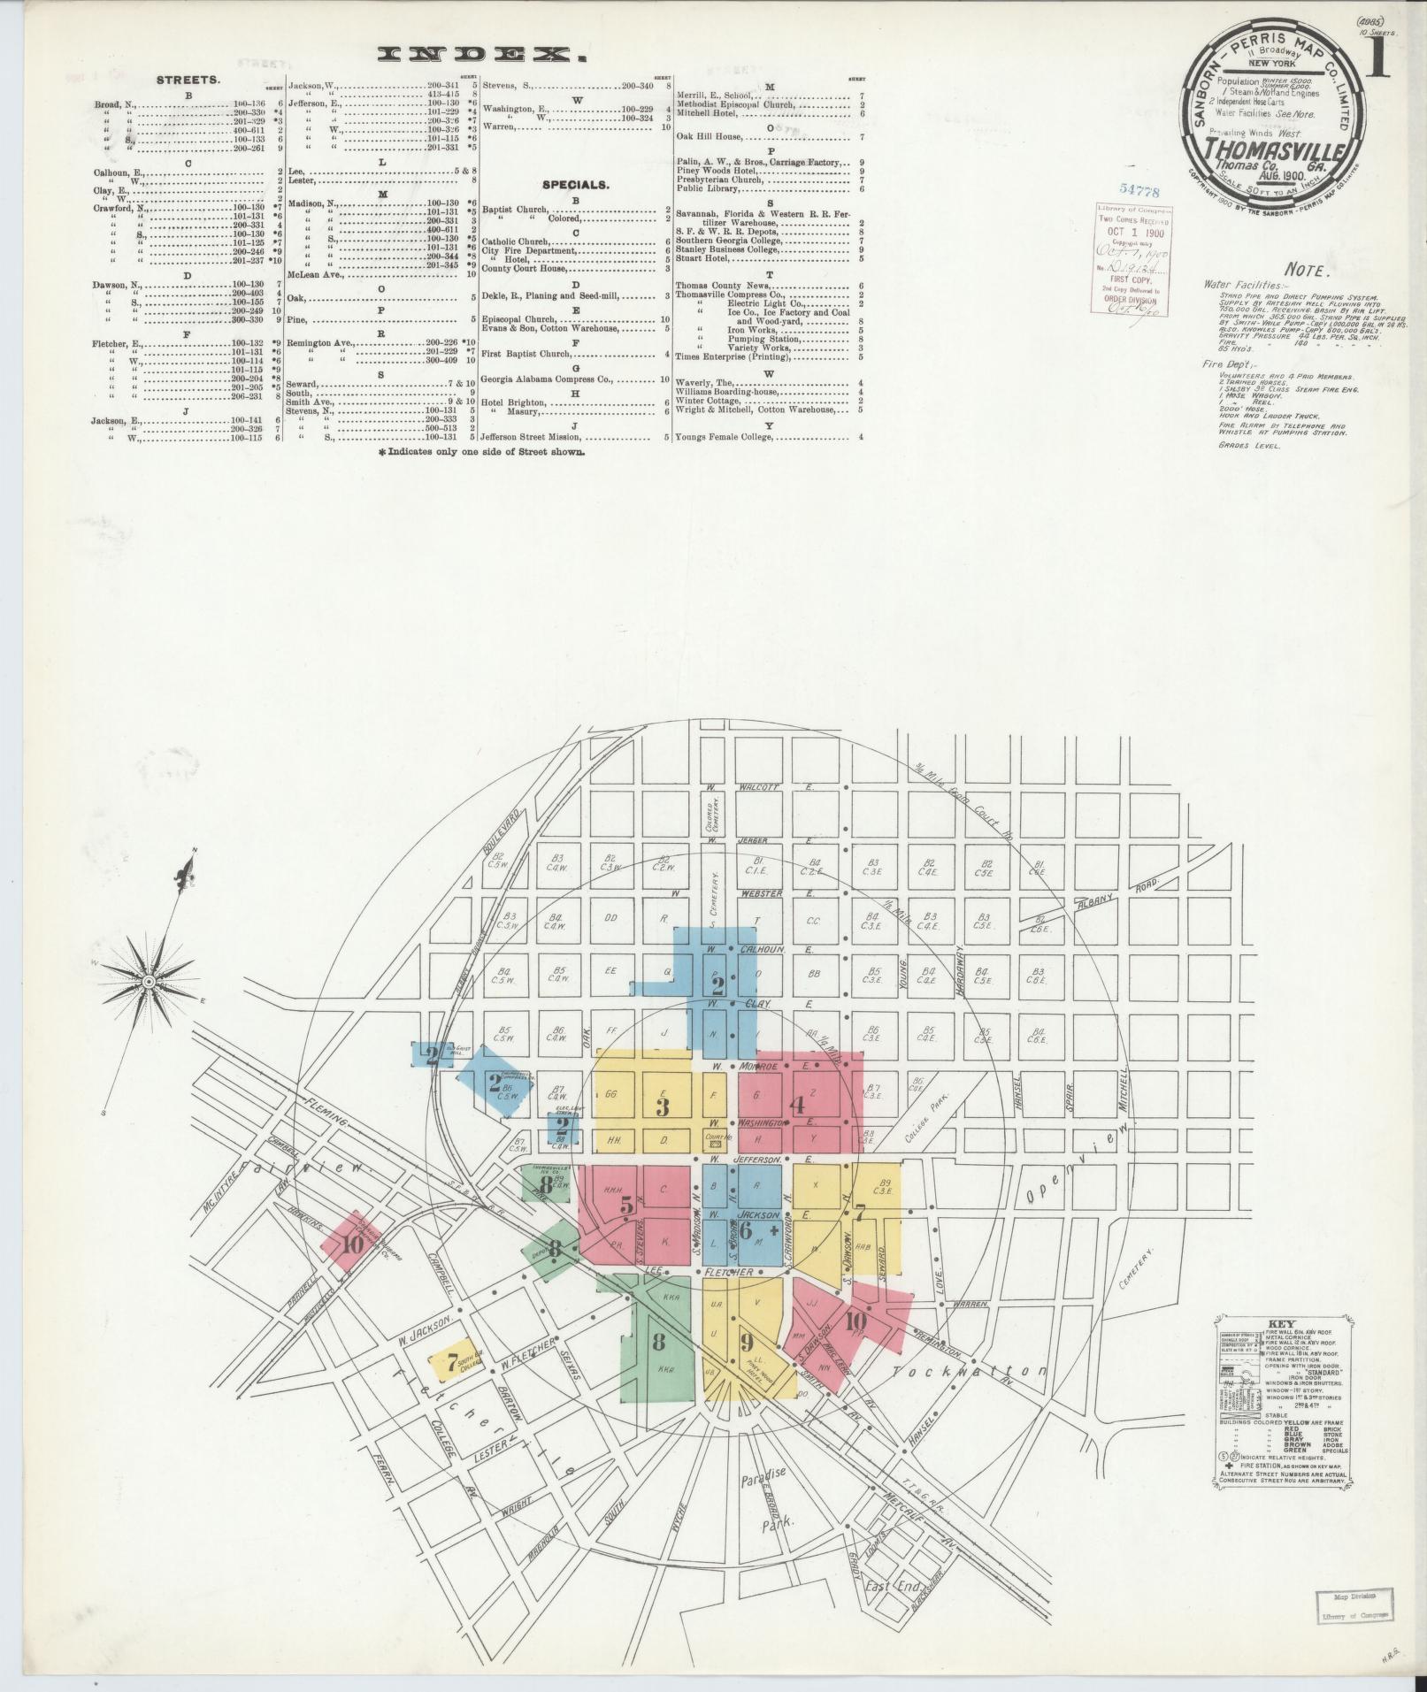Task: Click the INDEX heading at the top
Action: pos(482,55)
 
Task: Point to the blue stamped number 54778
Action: pos(1139,189)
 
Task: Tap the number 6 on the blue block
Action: pos(745,1229)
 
